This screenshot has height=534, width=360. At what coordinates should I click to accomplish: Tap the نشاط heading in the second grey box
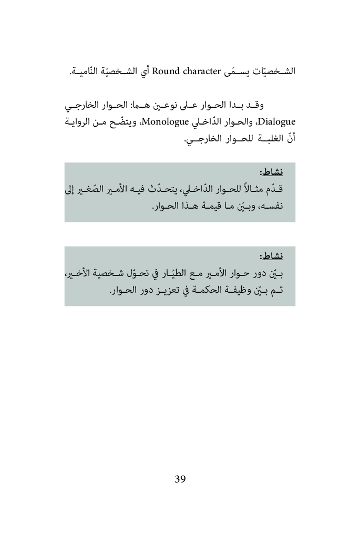pyautogui.click(x=272, y=256)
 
